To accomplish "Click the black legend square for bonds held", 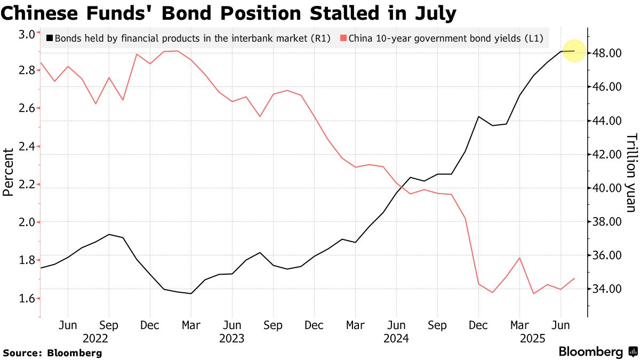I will [x=50, y=38].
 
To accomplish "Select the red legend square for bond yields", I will [x=343, y=38].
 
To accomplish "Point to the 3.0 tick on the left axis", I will [x=26, y=34].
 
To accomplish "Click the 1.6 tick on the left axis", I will [x=26, y=298].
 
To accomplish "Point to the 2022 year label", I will [x=96, y=338].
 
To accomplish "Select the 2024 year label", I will [x=395, y=338].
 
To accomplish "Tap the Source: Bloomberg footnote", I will [x=52, y=353].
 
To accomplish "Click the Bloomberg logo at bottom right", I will [x=597, y=352].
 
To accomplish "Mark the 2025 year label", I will [x=532, y=338].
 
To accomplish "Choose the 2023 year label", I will [x=232, y=338].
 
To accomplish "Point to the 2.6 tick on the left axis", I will [x=26, y=109].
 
